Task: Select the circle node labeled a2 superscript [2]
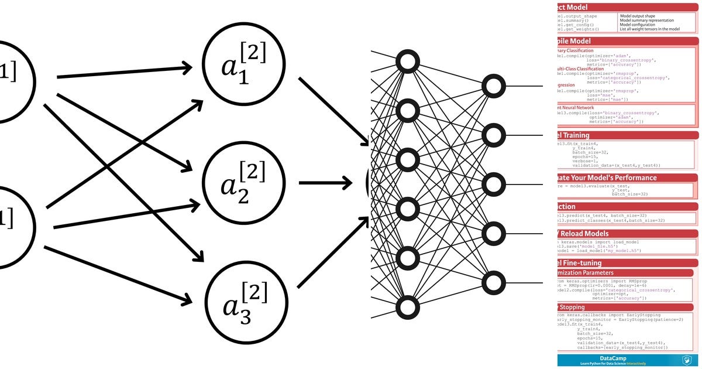click(243, 182)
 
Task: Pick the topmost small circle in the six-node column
click(408, 61)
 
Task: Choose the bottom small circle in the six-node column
click(408, 307)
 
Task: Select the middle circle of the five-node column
click(493, 184)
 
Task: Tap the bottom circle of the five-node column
click(493, 283)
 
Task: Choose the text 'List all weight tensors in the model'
click(649, 29)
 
